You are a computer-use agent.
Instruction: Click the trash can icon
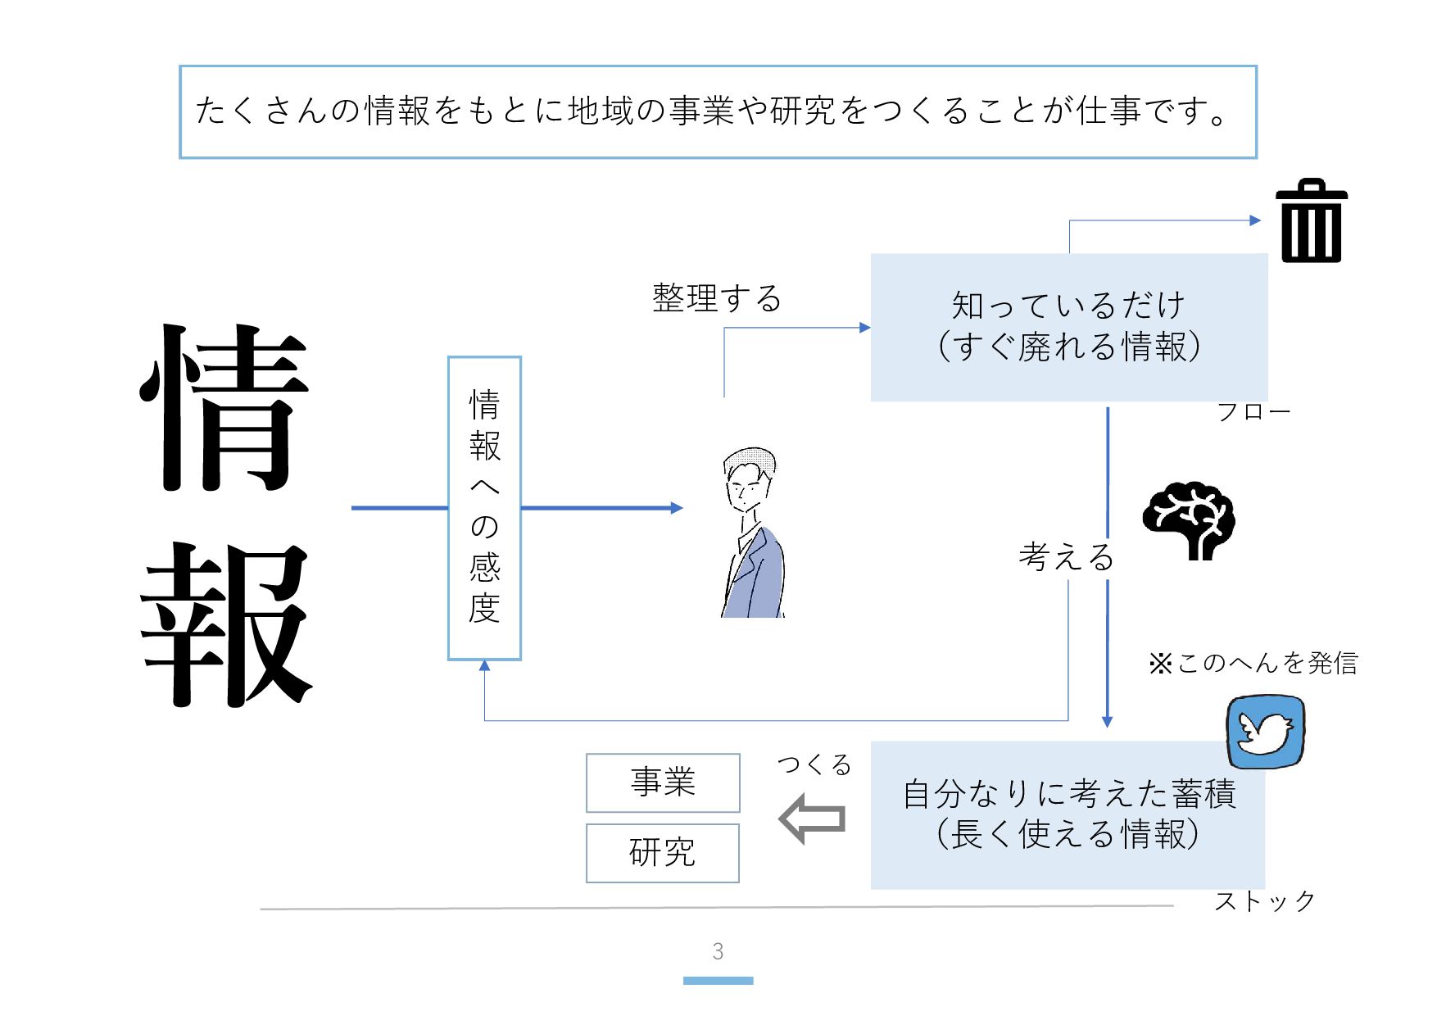pos(1311,221)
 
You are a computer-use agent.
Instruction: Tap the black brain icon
pos(1189,521)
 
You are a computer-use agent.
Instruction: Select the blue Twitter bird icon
pos(1265,732)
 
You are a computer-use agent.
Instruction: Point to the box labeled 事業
pos(663,782)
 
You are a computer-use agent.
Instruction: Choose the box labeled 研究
pos(663,853)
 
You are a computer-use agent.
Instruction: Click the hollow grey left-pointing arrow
pos(812,819)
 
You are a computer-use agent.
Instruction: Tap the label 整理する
pos(717,298)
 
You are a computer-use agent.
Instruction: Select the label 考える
pos(1066,557)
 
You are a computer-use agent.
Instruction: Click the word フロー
pos(1253,411)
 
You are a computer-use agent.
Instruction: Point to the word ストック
pos(1264,901)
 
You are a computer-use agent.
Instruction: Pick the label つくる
pos(814,764)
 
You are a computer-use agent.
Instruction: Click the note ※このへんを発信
pos(1253,663)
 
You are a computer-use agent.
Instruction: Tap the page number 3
pos(718,951)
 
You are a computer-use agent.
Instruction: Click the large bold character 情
pos(225,408)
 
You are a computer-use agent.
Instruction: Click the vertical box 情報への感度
pos(484,508)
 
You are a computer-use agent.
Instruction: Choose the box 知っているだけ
pos(1068,327)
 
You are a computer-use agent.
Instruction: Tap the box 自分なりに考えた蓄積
pos(1067,814)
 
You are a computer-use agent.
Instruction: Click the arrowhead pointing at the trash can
pos(1255,220)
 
